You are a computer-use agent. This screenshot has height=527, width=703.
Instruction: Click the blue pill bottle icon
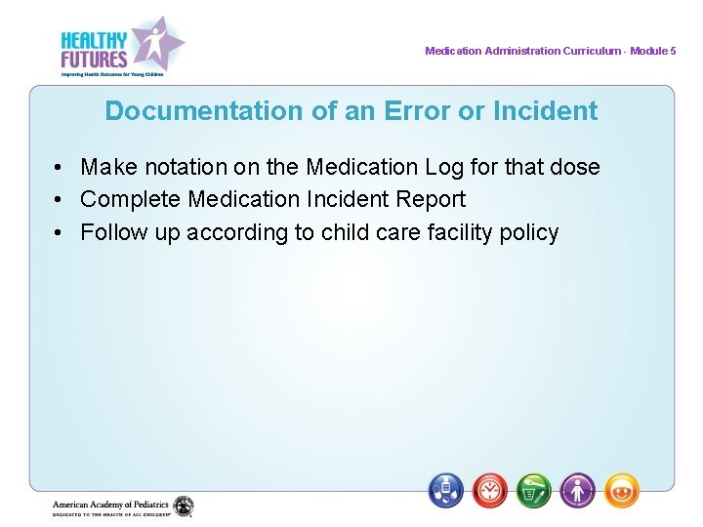point(446,490)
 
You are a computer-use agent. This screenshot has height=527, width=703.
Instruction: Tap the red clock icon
point(490,490)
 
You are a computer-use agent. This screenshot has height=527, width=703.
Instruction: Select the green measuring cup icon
point(534,490)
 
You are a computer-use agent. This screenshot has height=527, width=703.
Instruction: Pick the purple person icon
point(578,490)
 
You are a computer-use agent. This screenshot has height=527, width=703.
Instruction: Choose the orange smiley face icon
point(622,490)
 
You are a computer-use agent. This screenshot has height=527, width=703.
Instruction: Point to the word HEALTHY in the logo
point(94,40)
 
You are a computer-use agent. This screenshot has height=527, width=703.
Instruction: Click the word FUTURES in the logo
point(94,59)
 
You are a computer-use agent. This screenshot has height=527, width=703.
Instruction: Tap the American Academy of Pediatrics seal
point(184,507)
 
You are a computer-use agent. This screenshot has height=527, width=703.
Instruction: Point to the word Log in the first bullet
point(434,167)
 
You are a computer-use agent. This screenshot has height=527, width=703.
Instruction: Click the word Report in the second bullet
point(431,200)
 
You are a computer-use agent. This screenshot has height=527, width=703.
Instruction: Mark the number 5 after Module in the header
point(673,51)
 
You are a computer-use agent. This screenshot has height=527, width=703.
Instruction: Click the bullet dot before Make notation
point(61,168)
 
